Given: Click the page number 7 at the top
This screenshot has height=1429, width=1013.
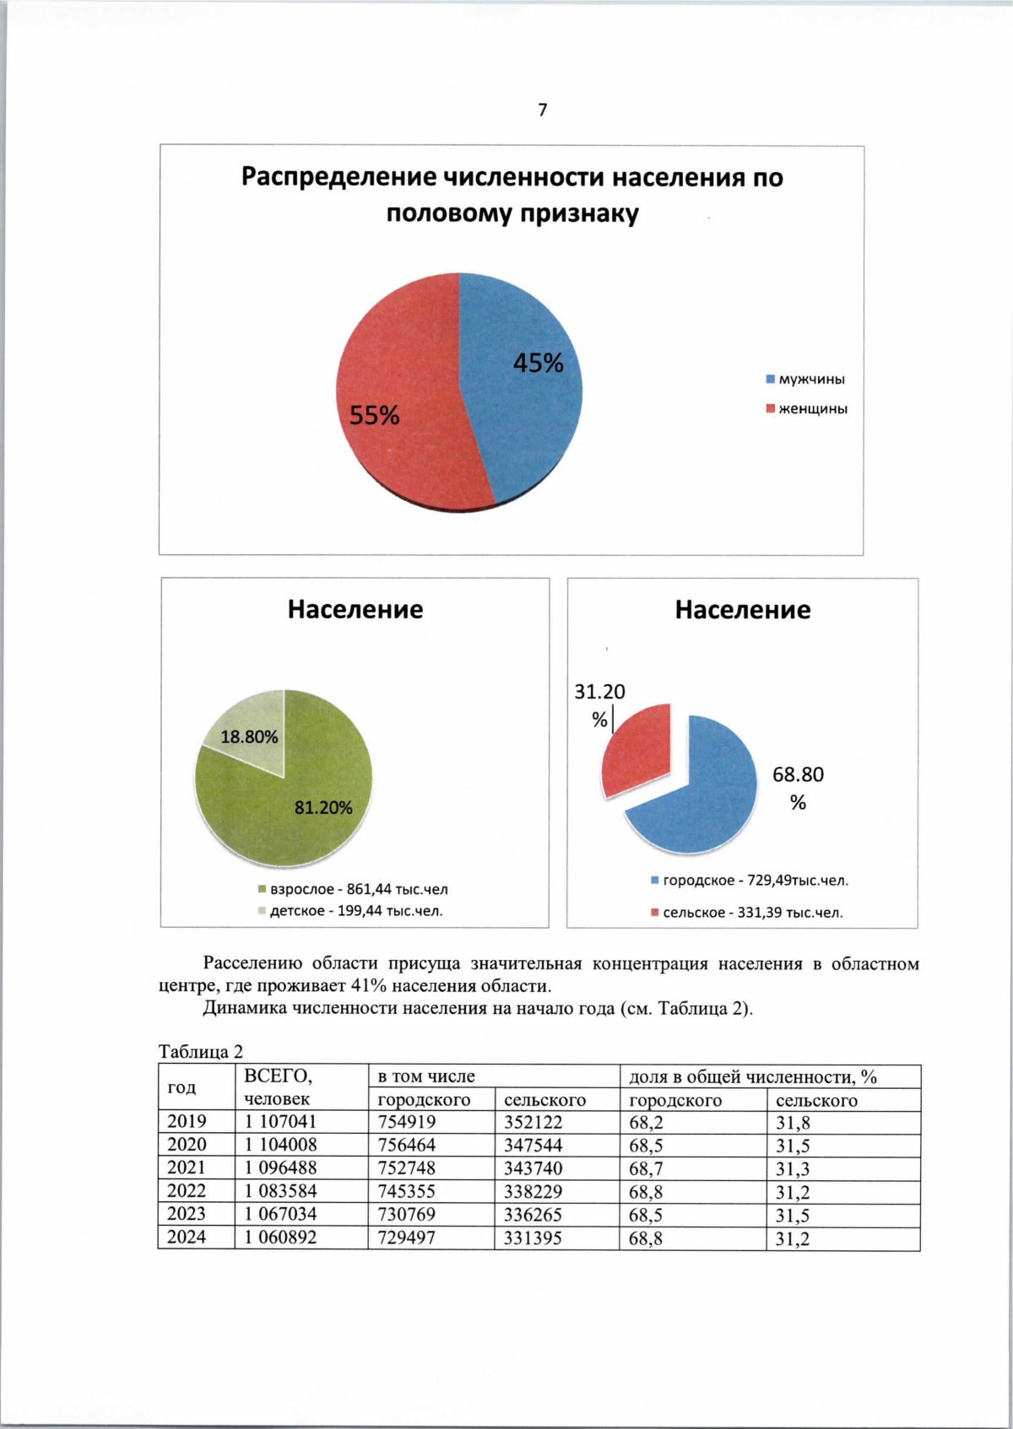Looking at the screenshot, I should (542, 110).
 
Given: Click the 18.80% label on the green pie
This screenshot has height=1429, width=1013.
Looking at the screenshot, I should (249, 736).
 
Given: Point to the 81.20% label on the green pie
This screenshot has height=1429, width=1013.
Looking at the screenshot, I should (323, 807).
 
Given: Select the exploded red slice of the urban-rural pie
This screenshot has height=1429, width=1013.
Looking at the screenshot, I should (637, 751).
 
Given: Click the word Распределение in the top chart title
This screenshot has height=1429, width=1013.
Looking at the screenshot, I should (339, 177).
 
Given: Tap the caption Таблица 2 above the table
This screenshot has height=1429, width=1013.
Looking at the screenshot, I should (201, 1051).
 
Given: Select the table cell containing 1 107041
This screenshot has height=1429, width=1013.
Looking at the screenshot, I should (281, 1122).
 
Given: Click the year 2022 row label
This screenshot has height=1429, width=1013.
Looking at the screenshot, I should (187, 1191).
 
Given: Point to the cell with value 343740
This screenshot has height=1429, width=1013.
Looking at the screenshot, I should (533, 1168).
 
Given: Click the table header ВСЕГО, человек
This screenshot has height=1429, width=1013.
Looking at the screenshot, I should (278, 1087).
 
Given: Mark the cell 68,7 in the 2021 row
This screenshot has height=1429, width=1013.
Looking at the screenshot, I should (646, 1168).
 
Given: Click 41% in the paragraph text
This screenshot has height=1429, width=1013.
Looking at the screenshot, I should (367, 985).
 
